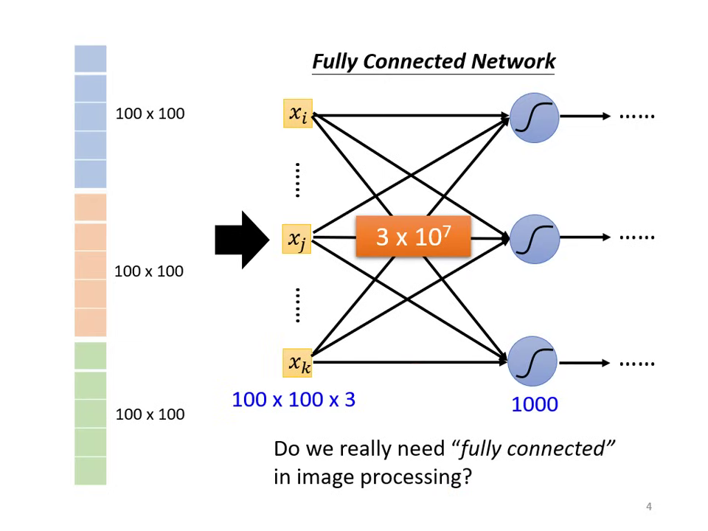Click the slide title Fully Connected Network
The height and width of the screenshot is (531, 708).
pyautogui.click(x=433, y=61)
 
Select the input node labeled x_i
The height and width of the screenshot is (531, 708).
pyautogui.click(x=298, y=114)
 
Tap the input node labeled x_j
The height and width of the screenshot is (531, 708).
pyautogui.click(x=297, y=238)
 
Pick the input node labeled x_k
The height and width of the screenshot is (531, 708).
pyautogui.click(x=298, y=363)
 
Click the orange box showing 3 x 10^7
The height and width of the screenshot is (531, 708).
pyautogui.click(x=413, y=237)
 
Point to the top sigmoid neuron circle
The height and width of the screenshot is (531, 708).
pyautogui.click(x=535, y=117)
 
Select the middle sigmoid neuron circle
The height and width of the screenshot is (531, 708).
pyautogui.click(x=535, y=238)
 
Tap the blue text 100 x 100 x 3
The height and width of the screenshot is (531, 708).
pyautogui.click(x=294, y=400)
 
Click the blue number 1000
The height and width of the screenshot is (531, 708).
pyautogui.click(x=535, y=404)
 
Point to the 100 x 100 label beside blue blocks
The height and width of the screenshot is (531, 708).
pyautogui.click(x=150, y=114)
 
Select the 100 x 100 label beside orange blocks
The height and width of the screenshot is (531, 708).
pyautogui.click(x=149, y=271)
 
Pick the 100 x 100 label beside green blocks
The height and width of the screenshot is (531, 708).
pyautogui.click(x=150, y=414)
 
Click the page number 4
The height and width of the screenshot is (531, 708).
pyautogui.click(x=649, y=507)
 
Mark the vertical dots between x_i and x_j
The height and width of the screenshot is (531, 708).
pyautogui.click(x=297, y=180)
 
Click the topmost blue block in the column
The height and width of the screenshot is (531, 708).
pyautogui.click(x=90, y=59)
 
